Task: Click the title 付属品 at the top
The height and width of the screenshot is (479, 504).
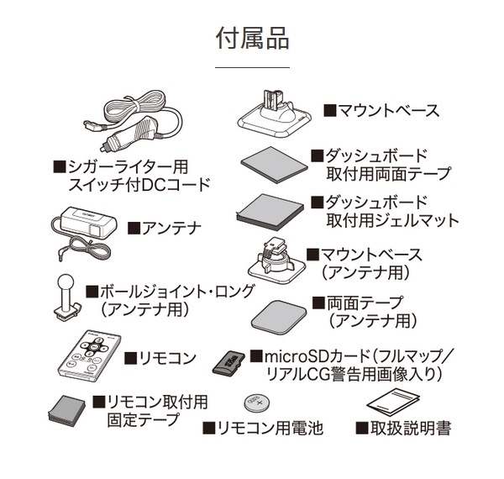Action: point(252,39)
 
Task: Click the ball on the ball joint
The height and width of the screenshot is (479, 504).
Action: point(66,283)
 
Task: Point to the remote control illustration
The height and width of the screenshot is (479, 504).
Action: point(89,355)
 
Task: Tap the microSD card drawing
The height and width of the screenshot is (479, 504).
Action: point(228,363)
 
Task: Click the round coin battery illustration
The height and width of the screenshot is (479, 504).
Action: point(257,403)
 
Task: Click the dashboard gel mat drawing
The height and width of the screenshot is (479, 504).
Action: point(270,212)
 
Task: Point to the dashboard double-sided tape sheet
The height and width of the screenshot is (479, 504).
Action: point(274,165)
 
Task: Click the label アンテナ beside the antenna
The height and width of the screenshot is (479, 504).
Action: point(171,229)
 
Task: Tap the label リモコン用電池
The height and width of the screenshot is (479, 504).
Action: point(270,429)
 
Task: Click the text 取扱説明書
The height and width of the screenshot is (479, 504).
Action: point(411,429)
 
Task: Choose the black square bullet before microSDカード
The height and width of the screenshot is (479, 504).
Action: point(256,355)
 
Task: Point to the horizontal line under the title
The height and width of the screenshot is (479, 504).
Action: point(252,67)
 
